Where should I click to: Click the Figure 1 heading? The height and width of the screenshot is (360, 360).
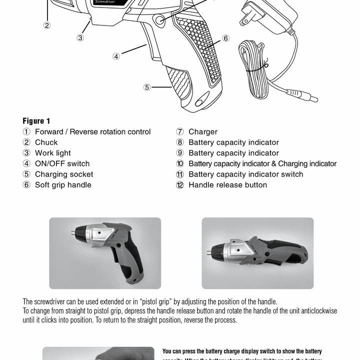36,121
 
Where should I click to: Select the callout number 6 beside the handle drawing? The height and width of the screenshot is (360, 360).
225,38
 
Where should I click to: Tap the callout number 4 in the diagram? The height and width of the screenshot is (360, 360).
116,56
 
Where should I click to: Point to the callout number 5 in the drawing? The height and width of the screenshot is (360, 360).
146,87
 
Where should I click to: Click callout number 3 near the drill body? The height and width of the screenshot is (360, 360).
80,37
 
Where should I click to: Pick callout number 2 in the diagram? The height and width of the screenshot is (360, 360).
46,25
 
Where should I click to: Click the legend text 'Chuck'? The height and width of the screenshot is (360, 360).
46,142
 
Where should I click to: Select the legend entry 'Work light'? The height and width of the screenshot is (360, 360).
52,153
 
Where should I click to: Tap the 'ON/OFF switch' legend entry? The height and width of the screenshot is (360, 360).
62,163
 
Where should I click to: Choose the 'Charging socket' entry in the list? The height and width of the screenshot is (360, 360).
63,174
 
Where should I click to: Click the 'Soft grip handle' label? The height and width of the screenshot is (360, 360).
63,185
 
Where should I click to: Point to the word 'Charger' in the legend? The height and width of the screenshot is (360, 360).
202,132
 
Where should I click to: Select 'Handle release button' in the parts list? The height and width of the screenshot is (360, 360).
227,185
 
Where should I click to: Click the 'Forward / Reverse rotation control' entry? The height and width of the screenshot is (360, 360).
92,132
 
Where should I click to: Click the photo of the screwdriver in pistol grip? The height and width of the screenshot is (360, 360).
105,253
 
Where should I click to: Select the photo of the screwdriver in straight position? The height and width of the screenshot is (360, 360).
257,253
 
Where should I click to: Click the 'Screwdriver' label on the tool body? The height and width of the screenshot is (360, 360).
103,2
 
